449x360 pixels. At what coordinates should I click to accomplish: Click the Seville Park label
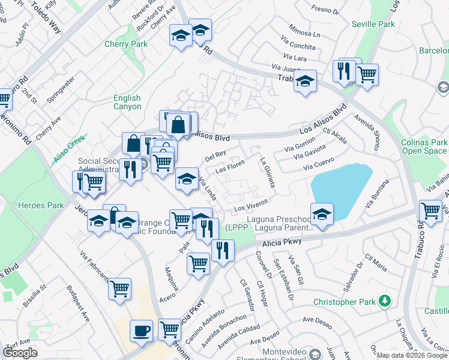tap(378, 24)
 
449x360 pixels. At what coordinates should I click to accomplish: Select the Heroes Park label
tap(43, 205)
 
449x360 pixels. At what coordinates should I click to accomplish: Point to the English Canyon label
tap(127, 102)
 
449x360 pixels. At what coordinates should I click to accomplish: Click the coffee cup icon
tap(141, 331)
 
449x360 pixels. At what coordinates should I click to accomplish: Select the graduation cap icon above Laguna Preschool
tap(322, 214)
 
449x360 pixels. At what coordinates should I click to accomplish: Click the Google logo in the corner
tap(20, 353)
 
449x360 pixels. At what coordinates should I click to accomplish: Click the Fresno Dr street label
tap(326, 9)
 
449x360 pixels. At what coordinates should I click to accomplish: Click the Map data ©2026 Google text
tap(411, 355)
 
